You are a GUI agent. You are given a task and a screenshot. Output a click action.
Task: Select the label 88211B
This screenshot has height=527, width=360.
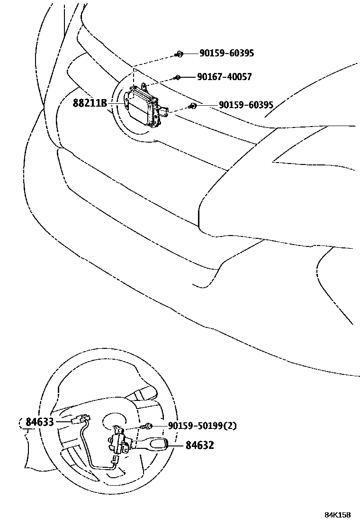point(90,102)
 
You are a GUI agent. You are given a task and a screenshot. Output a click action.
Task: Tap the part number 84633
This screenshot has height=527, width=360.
point(40,421)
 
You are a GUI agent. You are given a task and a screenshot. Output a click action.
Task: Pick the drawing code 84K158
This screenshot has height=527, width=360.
point(337,515)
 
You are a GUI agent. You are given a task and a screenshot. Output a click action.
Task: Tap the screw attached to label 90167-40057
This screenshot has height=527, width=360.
point(178,77)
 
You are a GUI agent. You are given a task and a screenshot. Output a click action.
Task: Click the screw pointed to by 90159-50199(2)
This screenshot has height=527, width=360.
point(148,426)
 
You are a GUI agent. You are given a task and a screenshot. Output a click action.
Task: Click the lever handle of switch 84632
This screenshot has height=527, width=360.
point(154,445)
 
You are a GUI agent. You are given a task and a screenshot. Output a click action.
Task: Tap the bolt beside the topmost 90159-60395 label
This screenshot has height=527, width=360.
point(179,55)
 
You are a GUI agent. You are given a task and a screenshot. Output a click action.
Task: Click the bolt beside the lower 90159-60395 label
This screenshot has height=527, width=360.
point(192,106)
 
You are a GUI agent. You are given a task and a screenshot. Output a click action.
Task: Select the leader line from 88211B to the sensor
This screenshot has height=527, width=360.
point(116,102)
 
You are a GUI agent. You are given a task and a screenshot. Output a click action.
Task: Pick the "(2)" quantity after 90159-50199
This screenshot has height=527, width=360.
point(230,426)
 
